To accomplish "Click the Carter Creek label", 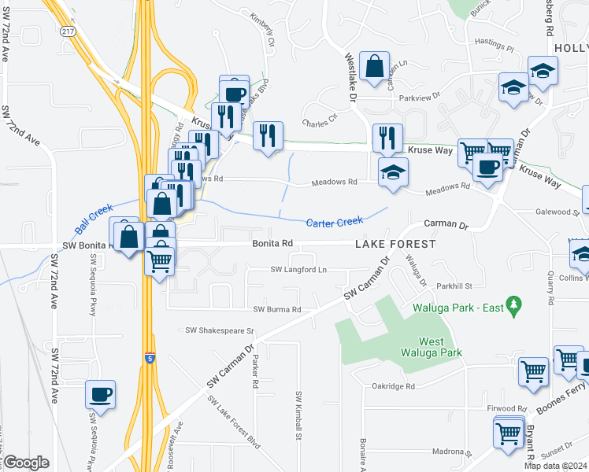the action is pos(335,223).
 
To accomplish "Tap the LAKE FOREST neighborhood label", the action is pos(395,245).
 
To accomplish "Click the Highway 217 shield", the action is pos(68,31).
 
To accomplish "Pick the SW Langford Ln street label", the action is pos(298,270).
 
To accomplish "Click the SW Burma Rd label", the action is pos(276,310).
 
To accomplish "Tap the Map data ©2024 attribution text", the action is pos(556,466).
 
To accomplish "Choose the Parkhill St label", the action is pos(454,286).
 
